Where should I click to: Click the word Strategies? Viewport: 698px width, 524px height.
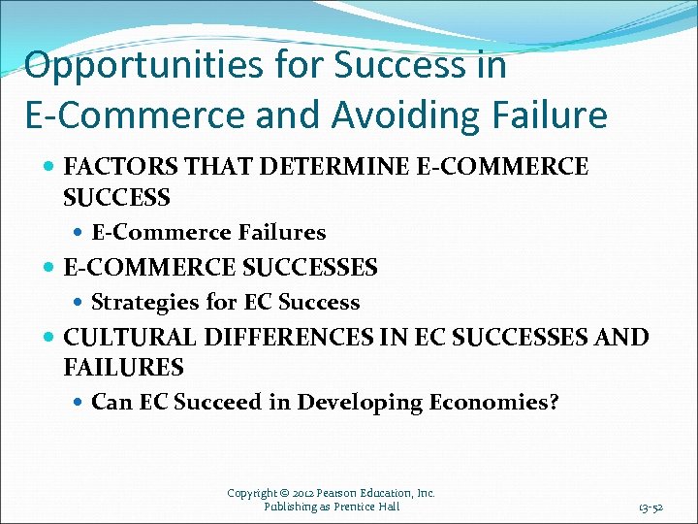click(x=143, y=302)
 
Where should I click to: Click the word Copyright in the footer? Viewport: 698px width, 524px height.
click(x=254, y=493)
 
